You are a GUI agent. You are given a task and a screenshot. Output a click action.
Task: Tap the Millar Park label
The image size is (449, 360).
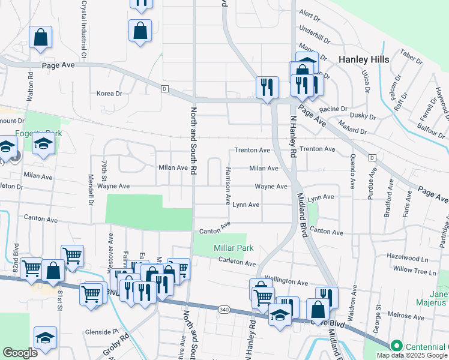[x=234, y=248]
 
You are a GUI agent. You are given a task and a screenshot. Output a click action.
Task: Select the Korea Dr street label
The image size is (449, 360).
[x=109, y=94]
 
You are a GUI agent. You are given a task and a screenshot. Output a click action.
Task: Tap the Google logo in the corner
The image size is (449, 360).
[x=20, y=353]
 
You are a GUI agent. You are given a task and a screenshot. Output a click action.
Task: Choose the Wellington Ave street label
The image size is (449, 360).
[x=286, y=281]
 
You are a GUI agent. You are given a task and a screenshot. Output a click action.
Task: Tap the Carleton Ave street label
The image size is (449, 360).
[x=238, y=262]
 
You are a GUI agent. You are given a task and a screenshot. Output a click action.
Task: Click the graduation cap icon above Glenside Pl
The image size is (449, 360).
[x=46, y=339]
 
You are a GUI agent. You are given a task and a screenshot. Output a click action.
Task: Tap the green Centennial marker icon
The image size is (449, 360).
[x=396, y=346]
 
